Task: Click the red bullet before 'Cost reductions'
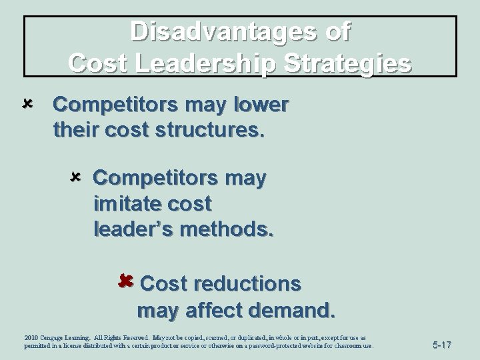coord(125,282)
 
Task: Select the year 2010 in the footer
coord(31,339)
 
